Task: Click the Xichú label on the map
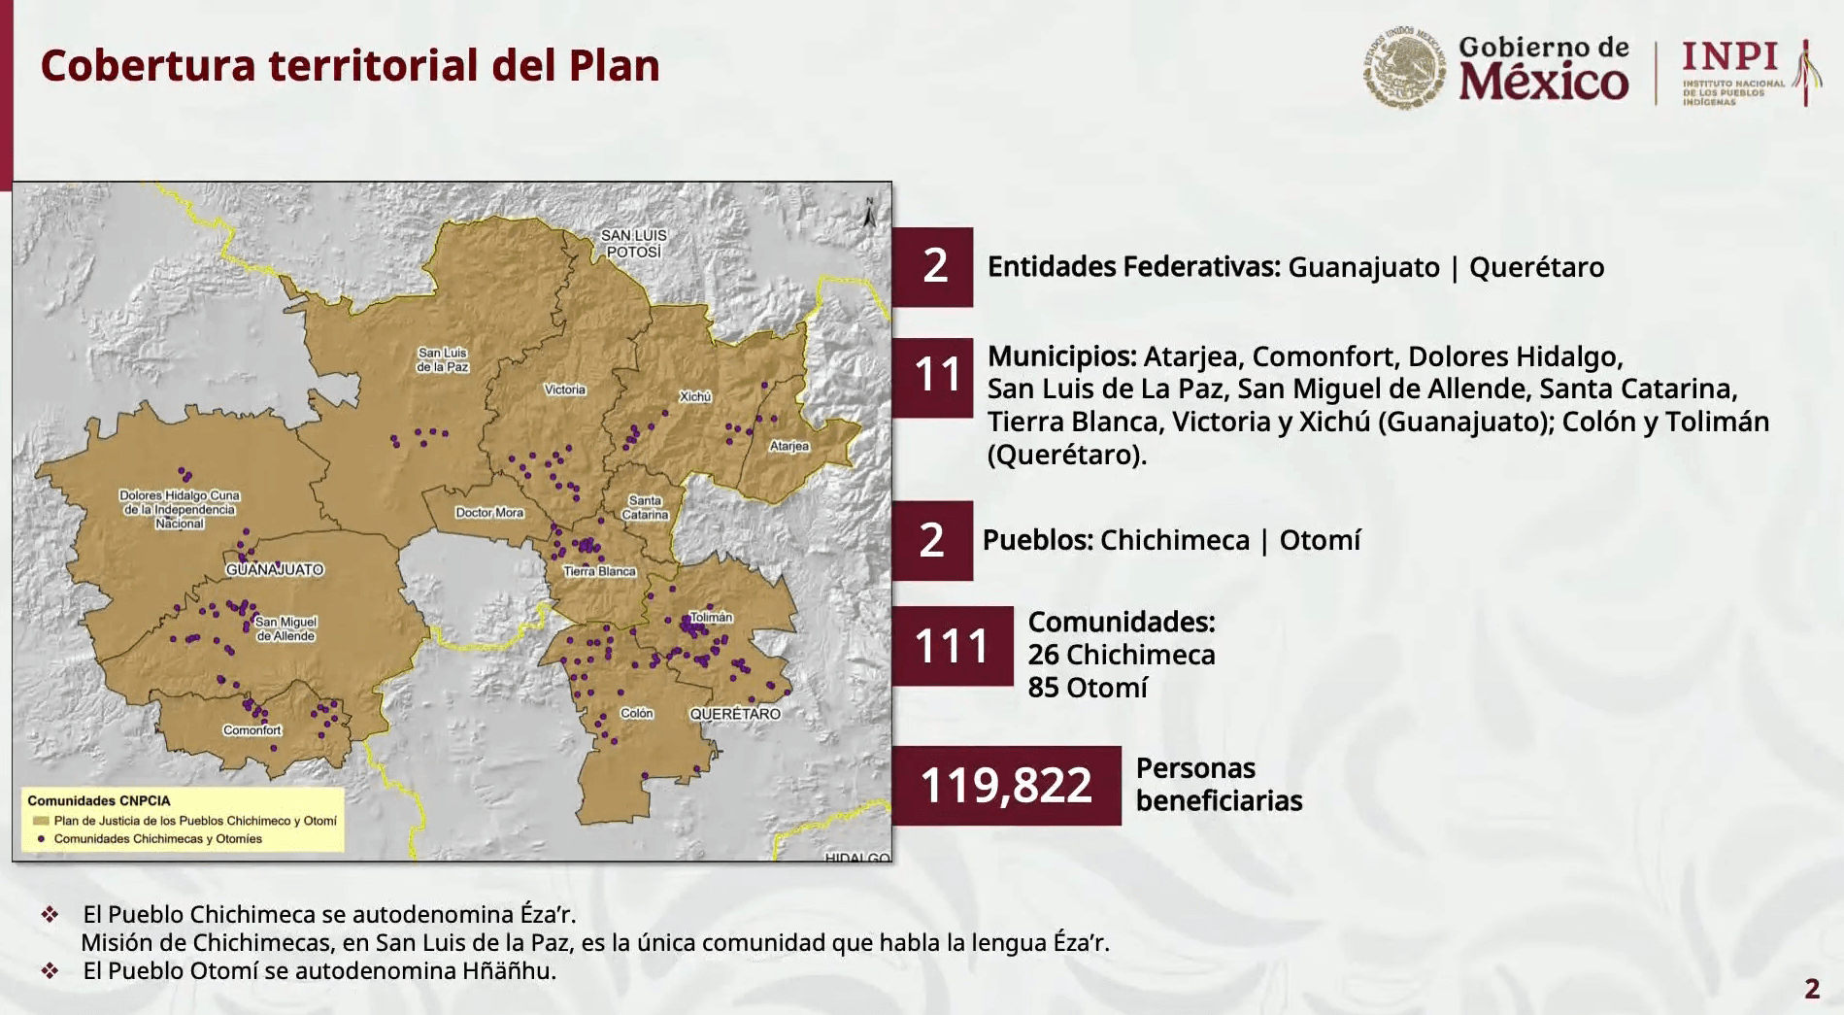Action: (x=695, y=396)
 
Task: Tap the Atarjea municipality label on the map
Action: (x=788, y=446)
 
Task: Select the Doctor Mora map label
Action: (x=489, y=513)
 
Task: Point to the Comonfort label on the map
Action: (x=252, y=730)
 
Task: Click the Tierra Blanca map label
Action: (x=599, y=571)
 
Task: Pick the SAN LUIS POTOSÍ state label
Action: (x=634, y=243)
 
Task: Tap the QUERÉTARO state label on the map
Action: (x=735, y=714)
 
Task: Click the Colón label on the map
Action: (x=637, y=713)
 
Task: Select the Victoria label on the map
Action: (x=564, y=389)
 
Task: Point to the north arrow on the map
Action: (x=869, y=213)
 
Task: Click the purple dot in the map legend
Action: (x=41, y=838)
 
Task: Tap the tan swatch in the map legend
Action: (x=41, y=821)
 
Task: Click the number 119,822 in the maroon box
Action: (x=1006, y=785)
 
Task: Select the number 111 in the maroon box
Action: (x=951, y=646)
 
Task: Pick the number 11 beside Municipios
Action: (x=936, y=375)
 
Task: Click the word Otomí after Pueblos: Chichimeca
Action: (x=1320, y=540)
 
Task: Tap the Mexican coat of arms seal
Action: (x=1403, y=67)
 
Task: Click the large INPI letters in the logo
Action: (x=1730, y=57)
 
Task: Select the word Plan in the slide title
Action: (x=614, y=66)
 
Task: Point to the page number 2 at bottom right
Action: (x=1812, y=989)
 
